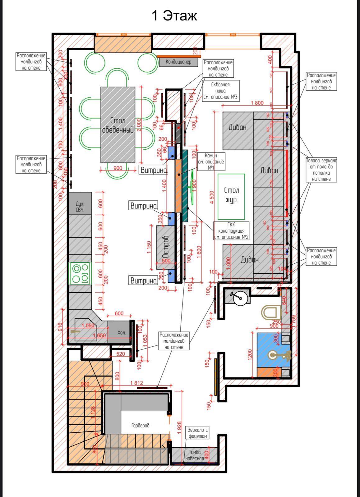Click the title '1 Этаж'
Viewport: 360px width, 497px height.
click(x=174, y=16)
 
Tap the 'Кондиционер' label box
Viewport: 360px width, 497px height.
click(x=178, y=62)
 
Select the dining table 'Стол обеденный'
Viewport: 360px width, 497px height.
click(x=118, y=125)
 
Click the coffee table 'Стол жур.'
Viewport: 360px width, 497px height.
click(x=231, y=196)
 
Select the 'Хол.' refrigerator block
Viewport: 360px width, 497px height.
click(x=121, y=332)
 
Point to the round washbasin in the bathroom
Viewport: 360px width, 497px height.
click(x=240, y=299)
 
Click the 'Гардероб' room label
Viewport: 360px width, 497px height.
click(x=140, y=425)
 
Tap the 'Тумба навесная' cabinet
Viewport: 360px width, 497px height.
click(x=195, y=455)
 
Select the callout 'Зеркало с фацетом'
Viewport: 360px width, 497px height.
click(x=197, y=433)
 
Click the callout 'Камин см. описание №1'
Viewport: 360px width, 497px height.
click(x=211, y=162)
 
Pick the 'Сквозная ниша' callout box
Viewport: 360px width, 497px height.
click(x=220, y=91)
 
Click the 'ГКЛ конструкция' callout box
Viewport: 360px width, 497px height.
click(x=231, y=231)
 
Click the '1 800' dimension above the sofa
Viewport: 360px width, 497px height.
click(x=257, y=103)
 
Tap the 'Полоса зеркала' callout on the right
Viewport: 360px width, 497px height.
click(x=321, y=170)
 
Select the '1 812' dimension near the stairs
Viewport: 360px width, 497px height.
click(x=137, y=383)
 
